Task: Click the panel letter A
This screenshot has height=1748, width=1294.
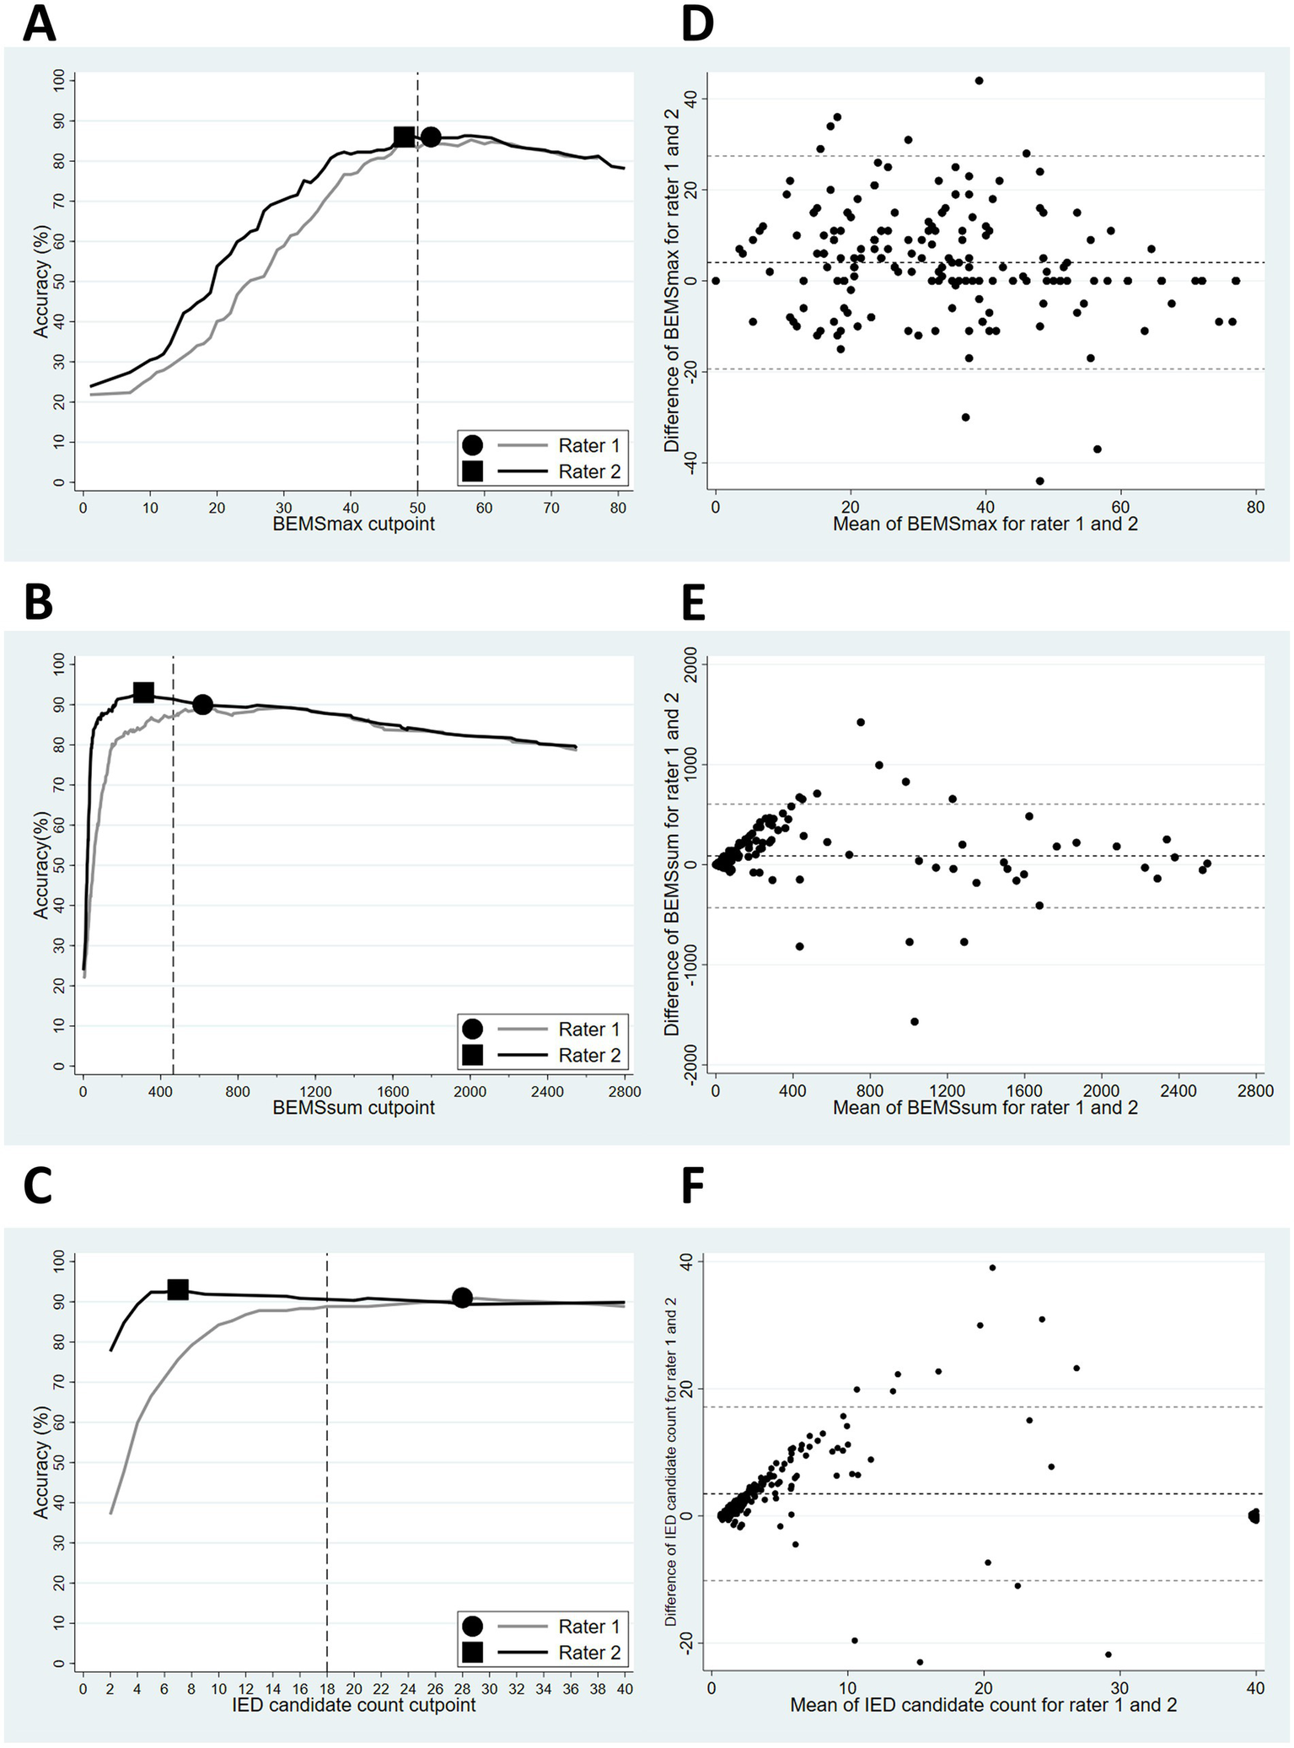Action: [39, 23]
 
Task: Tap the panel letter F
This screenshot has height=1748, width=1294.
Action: [692, 1186]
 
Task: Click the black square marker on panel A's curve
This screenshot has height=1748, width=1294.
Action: [405, 137]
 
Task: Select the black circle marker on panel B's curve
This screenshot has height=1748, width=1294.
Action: [202, 704]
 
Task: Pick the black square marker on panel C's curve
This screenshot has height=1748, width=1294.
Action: [178, 1289]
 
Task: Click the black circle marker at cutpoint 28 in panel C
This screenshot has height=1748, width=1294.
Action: [462, 1298]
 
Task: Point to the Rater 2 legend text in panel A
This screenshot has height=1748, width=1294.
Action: [588, 471]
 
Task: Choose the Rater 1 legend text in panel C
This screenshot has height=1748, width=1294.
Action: [588, 1626]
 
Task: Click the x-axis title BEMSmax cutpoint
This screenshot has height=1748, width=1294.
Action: [353, 524]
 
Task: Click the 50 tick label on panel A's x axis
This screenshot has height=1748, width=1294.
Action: [417, 508]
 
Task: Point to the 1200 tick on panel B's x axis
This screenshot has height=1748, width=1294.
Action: [315, 1091]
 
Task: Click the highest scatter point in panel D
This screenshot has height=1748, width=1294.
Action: [979, 81]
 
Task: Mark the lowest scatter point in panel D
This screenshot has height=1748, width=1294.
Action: [1039, 481]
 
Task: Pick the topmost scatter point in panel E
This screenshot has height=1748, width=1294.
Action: [861, 722]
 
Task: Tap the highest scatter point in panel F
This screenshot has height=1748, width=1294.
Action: [992, 1267]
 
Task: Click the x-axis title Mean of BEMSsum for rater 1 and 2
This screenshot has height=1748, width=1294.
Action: [985, 1107]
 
